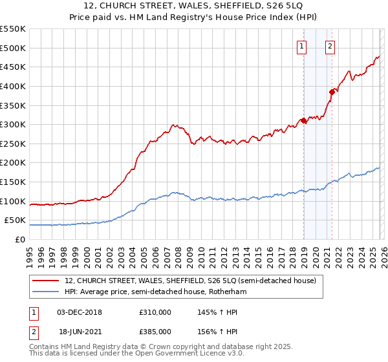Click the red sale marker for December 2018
[303, 121]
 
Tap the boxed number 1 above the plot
[302, 46]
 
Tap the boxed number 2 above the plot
[330, 46]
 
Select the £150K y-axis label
[13, 182]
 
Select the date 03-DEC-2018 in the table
[80, 312]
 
